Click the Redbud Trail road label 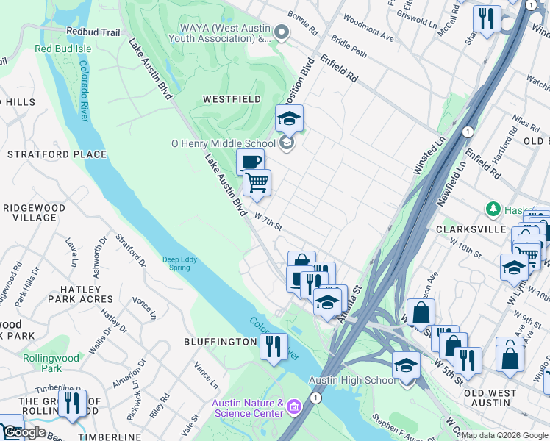(93, 32)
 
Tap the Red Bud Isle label (62, 49)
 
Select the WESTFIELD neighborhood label (232, 98)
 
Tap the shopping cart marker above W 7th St (257, 182)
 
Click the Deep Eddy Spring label (176, 263)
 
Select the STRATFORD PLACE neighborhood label (57, 154)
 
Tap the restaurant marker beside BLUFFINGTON (274, 345)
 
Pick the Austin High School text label (352, 380)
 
